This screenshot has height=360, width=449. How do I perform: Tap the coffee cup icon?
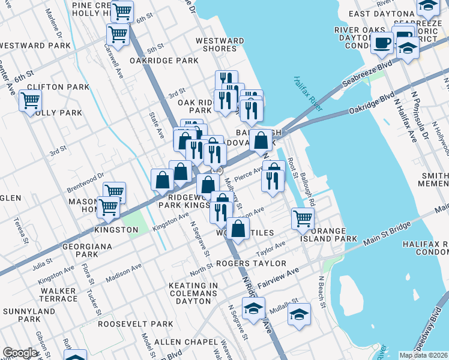pyautogui.click(x=382, y=43)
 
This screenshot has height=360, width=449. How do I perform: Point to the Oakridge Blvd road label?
pyautogui.click(x=372, y=103)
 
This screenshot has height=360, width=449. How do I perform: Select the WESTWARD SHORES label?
pyautogui.click(x=220, y=46)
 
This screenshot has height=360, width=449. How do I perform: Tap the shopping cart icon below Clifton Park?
pyautogui.click(x=30, y=100)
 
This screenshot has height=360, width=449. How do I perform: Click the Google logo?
pyautogui.click(x=20, y=353)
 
